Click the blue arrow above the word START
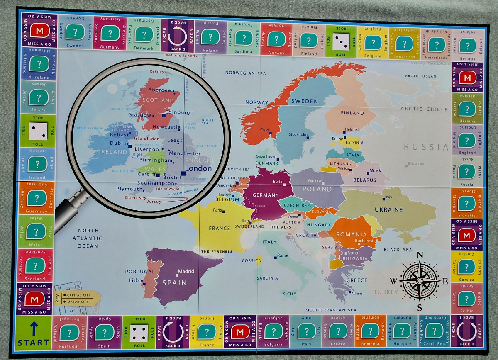tap(34, 329)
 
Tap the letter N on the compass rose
tap(420, 255)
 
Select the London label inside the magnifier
tap(198, 169)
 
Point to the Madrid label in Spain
tap(186, 272)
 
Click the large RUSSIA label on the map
tap(426, 147)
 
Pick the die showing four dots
tap(139, 333)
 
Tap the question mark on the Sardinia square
tap(243, 38)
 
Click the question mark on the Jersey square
tap(39, 97)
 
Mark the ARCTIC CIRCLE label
tap(424, 109)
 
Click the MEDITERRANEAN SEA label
tap(331, 310)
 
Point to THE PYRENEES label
tap(217, 252)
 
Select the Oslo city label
tap(264, 130)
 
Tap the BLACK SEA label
tap(398, 250)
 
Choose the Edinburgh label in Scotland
tap(179, 112)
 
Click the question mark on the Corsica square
tap(466, 267)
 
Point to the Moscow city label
tap(416, 164)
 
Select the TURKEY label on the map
tap(386, 292)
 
